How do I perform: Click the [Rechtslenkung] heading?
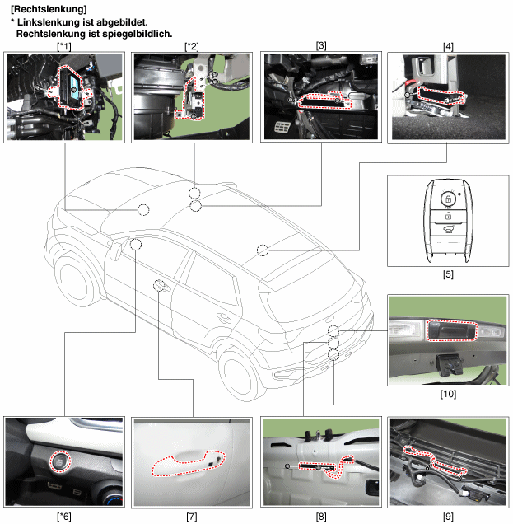click(x=49, y=9)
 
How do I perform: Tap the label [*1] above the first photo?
click(x=64, y=46)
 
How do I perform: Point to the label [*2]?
click(x=192, y=46)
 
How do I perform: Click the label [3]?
click(x=321, y=46)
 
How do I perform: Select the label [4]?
click(x=448, y=46)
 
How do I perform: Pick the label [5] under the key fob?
click(x=448, y=274)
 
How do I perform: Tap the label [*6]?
click(x=64, y=517)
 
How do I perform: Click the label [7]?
click(x=192, y=517)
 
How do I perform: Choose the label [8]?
click(x=321, y=517)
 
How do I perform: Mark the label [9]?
click(x=448, y=517)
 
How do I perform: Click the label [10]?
click(x=448, y=394)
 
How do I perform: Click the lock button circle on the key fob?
click(x=448, y=199)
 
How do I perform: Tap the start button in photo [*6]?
click(x=60, y=461)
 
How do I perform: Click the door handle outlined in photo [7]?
click(x=188, y=462)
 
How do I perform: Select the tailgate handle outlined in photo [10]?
click(x=451, y=330)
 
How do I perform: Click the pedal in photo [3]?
click(x=282, y=128)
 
